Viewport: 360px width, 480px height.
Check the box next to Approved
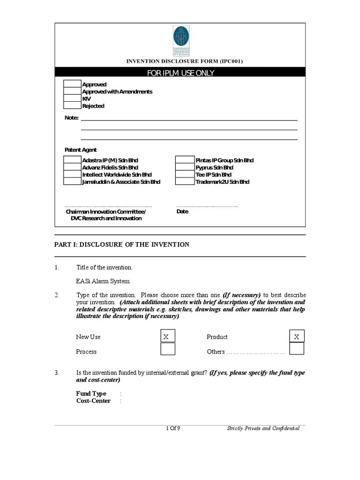click(x=72, y=84)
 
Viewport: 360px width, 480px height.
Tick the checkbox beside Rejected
click(x=72, y=106)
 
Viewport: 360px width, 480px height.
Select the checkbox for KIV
click(x=72, y=99)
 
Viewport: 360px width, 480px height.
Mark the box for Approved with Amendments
click(x=72, y=92)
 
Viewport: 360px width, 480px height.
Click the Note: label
click(x=71, y=118)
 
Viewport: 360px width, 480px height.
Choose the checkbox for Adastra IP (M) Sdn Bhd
click(x=72, y=160)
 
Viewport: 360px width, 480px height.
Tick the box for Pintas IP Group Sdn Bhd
click(x=185, y=160)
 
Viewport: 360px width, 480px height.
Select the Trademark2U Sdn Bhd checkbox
click(x=185, y=182)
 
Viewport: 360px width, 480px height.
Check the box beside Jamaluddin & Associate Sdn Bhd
click(x=72, y=182)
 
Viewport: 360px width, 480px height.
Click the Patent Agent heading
click(x=81, y=150)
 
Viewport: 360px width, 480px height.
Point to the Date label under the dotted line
click(x=182, y=211)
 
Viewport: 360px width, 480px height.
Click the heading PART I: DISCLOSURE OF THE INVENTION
click(x=122, y=245)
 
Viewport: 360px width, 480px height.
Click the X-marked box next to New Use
click(x=167, y=337)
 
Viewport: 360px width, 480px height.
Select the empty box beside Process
click(x=167, y=349)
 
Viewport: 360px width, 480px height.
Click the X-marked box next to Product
click(x=297, y=337)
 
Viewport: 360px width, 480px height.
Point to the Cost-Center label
click(x=93, y=401)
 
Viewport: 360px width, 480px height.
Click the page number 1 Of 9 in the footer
click(x=173, y=428)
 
